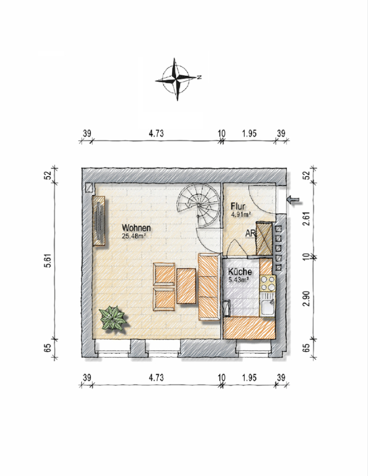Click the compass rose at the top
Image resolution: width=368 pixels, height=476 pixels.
point(177,79)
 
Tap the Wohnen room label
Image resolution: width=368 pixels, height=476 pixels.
point(136,227)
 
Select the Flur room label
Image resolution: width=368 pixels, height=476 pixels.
point(238,206)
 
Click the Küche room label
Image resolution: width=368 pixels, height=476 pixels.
point(240,272)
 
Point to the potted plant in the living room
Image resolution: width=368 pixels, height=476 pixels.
point(113,318)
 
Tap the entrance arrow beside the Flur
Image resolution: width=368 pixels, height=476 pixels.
point(293,199)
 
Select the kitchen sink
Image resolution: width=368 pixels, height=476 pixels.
point(268,305)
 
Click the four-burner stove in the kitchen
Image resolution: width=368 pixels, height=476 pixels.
point(268,283)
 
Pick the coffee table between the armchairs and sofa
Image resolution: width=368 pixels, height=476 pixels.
point(186,286)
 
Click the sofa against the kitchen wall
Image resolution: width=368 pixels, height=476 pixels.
point(209,287)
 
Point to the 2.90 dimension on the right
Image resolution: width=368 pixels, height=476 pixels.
point(307,298)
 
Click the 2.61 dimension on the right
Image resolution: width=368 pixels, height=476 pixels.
point(307,218)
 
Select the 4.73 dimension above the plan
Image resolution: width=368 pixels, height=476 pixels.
point(156,133)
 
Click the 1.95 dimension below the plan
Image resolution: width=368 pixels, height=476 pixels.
point(249,378)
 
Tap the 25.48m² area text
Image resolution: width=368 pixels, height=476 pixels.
point(132,236)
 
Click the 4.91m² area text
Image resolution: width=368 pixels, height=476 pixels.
point(241,214)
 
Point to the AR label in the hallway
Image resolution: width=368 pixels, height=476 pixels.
point(250,233)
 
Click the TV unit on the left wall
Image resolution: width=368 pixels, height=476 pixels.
point(99,221)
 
